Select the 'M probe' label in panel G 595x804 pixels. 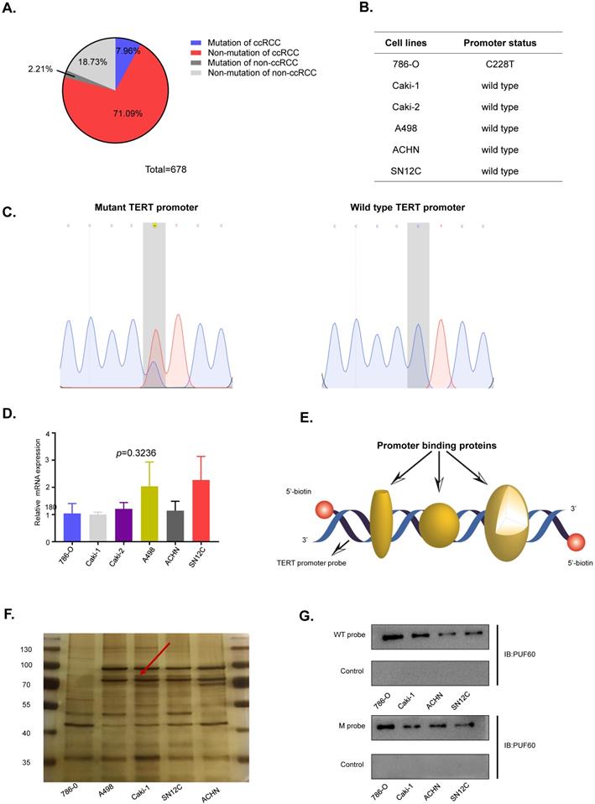[347, 725]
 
